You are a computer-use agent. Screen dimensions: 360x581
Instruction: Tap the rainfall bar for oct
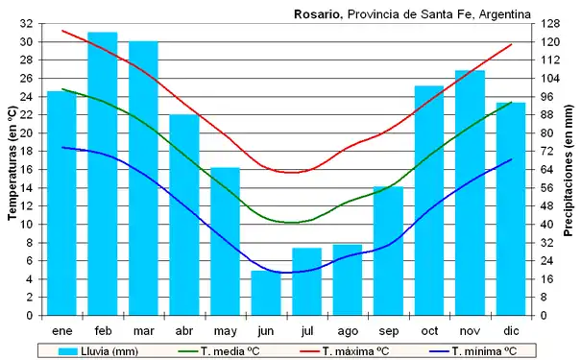point(429,201)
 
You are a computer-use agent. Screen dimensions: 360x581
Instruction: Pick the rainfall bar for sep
point(388,251)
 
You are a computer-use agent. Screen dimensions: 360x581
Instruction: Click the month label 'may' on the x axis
point(225,331)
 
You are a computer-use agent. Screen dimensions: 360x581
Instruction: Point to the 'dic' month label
point(511,331)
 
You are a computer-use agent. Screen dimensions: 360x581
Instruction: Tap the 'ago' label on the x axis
point(348,331)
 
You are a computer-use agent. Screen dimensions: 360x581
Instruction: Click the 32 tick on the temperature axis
point(26,24)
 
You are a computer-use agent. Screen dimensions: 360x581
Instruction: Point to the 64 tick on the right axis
point(545,170)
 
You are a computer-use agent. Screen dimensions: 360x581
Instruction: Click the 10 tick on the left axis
point(26,225)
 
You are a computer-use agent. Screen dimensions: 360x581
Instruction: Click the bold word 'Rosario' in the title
point(315,13)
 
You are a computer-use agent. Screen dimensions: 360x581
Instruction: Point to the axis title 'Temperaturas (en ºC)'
point(11,169)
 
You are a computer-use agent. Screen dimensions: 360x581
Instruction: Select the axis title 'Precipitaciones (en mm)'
point(568,169)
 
